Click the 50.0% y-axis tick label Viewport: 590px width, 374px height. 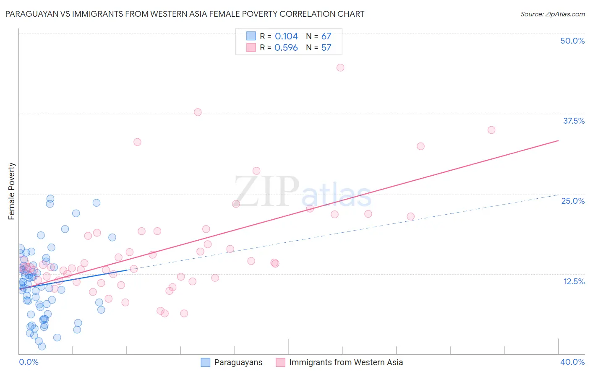tap(572, 41)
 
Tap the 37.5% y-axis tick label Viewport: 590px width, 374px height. tap(574, 121)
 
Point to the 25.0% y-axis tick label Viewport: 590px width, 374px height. tap(573, 201)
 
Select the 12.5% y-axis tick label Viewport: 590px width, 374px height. tap(574, 281)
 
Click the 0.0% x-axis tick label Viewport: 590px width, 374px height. tap(29, 362)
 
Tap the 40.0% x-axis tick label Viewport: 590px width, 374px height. tap(572, 362)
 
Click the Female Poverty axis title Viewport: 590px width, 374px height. tap(11, 191)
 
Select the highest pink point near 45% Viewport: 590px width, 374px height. tap(340, 68)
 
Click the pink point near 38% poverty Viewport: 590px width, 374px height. tap(198, 112)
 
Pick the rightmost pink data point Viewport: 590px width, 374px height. tap(491, 130)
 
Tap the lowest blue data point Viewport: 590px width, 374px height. tap(42, 346)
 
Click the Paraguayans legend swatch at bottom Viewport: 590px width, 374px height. tap(205, 362)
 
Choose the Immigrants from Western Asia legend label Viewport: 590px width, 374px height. tap(346, 362)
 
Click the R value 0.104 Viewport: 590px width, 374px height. tap(286, 36)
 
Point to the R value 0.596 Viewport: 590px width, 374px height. tap(286, 48)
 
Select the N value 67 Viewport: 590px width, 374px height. tap(326, 36)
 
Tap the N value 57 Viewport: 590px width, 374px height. tap(326, 48)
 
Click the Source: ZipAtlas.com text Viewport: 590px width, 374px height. tap(552, 14)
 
